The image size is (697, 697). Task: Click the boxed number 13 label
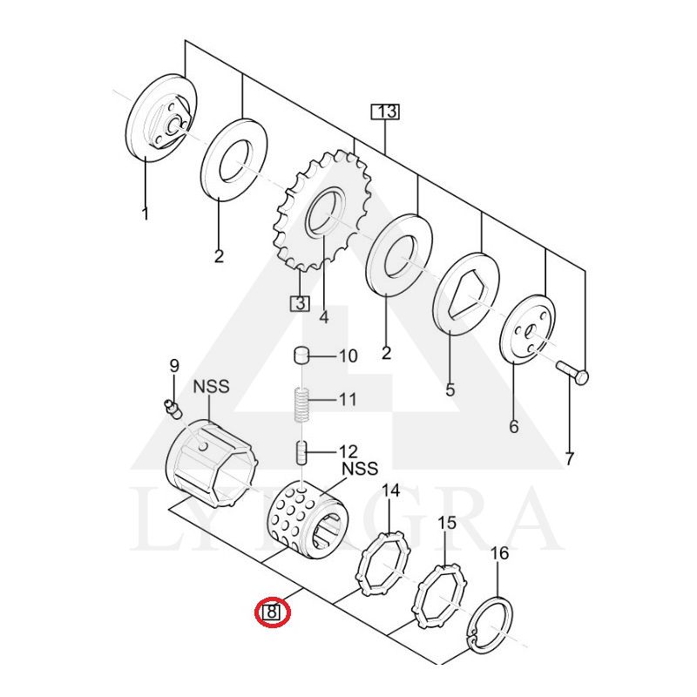385,112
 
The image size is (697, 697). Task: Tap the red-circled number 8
271,612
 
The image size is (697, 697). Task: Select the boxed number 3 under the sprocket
299,303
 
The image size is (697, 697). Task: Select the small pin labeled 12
301,452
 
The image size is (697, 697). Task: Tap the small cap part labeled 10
301,355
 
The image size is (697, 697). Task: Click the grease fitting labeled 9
170,407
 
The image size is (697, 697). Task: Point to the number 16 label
499,554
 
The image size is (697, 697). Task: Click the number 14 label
390,491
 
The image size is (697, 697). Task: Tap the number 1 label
145,213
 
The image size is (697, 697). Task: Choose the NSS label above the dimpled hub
359,468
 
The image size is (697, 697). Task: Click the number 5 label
450,390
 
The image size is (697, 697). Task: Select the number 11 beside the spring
348,400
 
